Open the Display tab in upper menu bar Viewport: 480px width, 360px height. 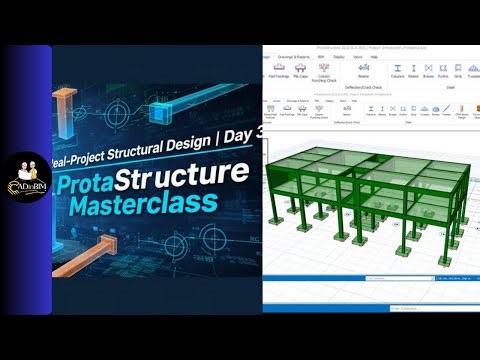click(x=339, y=57)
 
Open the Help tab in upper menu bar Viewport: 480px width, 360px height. click(x=373, y=57)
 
